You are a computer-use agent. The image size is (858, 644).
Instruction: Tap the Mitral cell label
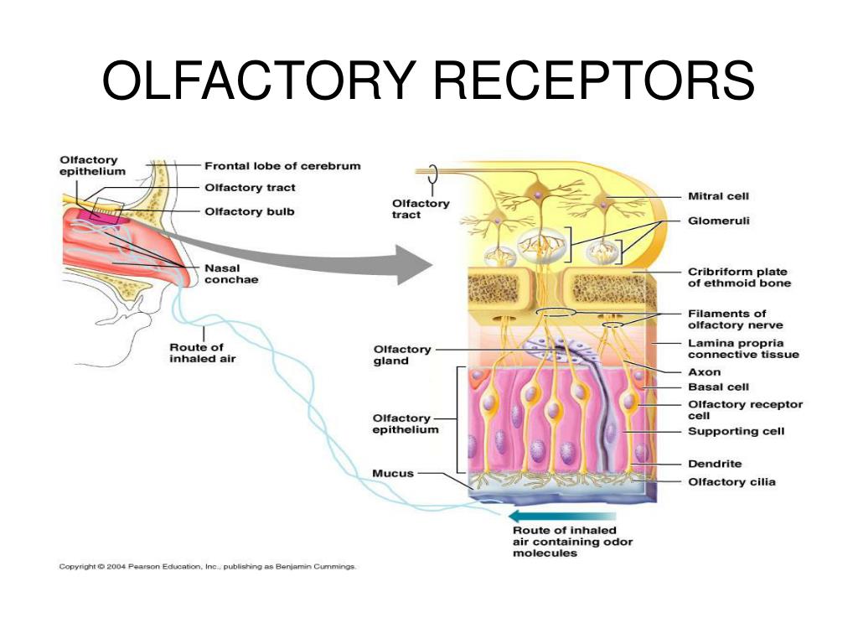pyautogui.click(x=718, y=196)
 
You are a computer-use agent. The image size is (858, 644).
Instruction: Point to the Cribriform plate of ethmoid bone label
pyautogui.click(x=739, y=277)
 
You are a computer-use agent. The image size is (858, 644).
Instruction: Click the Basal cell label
pyautogui.click(x=718, y=387)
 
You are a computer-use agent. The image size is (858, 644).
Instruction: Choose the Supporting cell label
pyautogui.click(x=736, y=431)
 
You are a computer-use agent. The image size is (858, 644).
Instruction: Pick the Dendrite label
pyautogui.click(x=715, y=463)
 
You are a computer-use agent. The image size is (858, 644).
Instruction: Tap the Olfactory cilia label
pyautogui.click(x=731, y=482)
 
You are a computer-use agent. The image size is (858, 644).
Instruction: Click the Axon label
pyautogui.click(x=704, y=371)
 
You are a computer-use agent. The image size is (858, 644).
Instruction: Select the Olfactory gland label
pyautogui.click(x=402, y=355)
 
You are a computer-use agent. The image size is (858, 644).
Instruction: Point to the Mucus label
pyautogui.click(x=393, y=473)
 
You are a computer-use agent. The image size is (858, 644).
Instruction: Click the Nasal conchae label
pyautogui.click(x=231, y=274)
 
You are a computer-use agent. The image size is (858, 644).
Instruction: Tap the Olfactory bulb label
pyautogui.click(x=250, y=211)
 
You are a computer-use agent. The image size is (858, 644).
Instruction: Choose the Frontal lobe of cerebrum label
pyautogui.click(x=282, y=165)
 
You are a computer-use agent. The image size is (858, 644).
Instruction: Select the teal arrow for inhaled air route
pyautogui.click(x=562, y=516)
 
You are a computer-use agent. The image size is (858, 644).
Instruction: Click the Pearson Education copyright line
pyautogui.click(x=208, y=566)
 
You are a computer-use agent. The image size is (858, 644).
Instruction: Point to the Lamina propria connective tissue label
pyautogui.click(x=743, y=349)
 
